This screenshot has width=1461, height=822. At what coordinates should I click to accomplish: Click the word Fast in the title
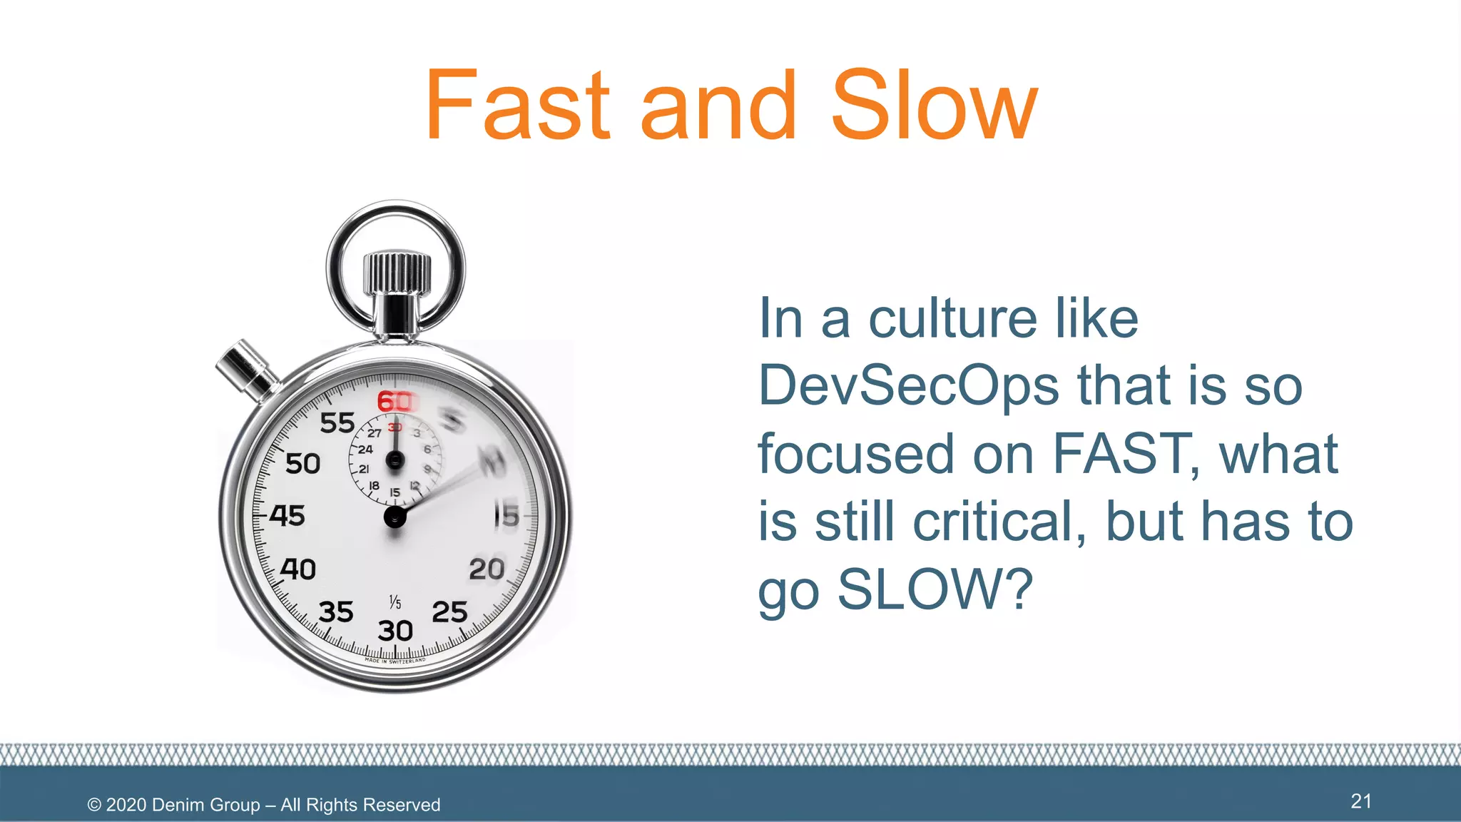tap(517, 106)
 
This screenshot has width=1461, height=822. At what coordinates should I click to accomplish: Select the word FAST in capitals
tap(1125, 453)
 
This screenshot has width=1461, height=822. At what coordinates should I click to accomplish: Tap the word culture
tap(952, 318)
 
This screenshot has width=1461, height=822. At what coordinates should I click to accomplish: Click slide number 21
tap(1360, 801)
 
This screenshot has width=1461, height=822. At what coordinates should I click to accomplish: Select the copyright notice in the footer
tap(263, 805)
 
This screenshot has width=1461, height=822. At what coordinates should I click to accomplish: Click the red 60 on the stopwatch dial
tap(394, 402)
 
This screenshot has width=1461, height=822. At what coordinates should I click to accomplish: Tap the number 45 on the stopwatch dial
tap(287, 515)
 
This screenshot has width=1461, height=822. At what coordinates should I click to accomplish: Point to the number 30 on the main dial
tap(394, 631)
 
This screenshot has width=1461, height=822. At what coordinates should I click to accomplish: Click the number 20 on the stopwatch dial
tap(487, 569)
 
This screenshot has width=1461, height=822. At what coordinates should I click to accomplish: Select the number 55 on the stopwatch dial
tap(337, 423)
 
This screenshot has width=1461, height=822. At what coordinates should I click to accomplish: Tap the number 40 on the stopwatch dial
tap(297, 569)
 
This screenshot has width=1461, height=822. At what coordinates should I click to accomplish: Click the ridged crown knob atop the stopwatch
tap(397, 273)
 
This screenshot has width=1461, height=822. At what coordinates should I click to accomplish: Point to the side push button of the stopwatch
tap(246, 369)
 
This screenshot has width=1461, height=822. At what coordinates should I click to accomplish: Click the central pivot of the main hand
tap(394, 517)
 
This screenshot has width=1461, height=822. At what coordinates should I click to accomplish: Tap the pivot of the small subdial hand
tap(394, 461)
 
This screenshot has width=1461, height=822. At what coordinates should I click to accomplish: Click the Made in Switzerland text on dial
tap(394, 661)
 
